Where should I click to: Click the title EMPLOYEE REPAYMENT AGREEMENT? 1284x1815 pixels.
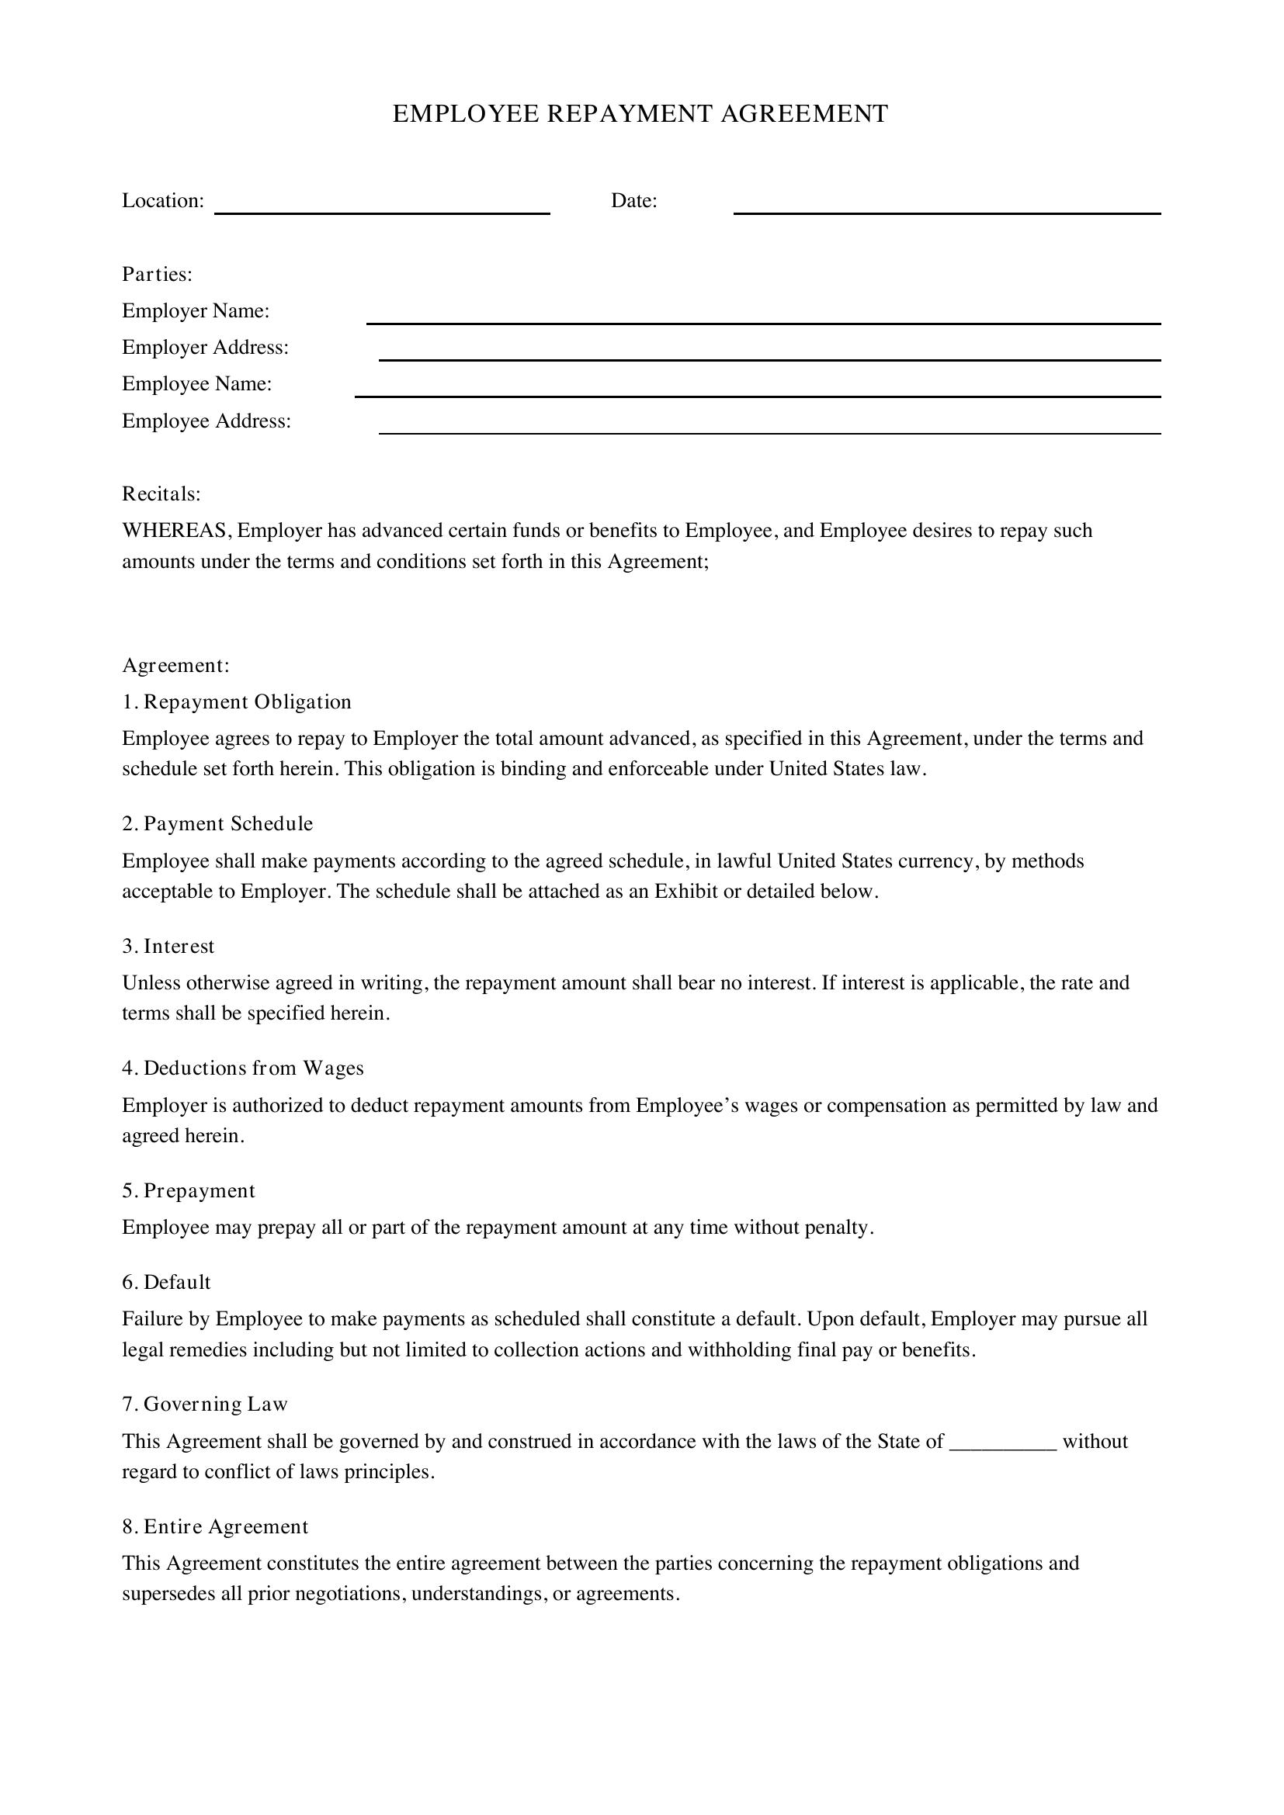point(640,114)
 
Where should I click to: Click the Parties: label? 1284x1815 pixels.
point(158,274)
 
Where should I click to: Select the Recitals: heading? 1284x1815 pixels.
point(161,494)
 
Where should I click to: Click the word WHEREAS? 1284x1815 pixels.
point(175,531)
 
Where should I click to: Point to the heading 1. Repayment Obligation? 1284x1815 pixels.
point(237,702)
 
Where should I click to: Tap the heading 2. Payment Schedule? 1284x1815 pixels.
point(217,824)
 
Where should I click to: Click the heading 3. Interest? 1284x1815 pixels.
point(168,946)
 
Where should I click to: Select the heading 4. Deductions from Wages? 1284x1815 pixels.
point(243,1068)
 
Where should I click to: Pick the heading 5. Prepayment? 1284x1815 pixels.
point(188,1190)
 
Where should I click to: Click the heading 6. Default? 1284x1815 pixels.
point(166,1281)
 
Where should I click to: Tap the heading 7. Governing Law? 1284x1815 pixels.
point(205,1404)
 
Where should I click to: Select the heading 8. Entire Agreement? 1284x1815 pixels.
point(215,1526)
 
